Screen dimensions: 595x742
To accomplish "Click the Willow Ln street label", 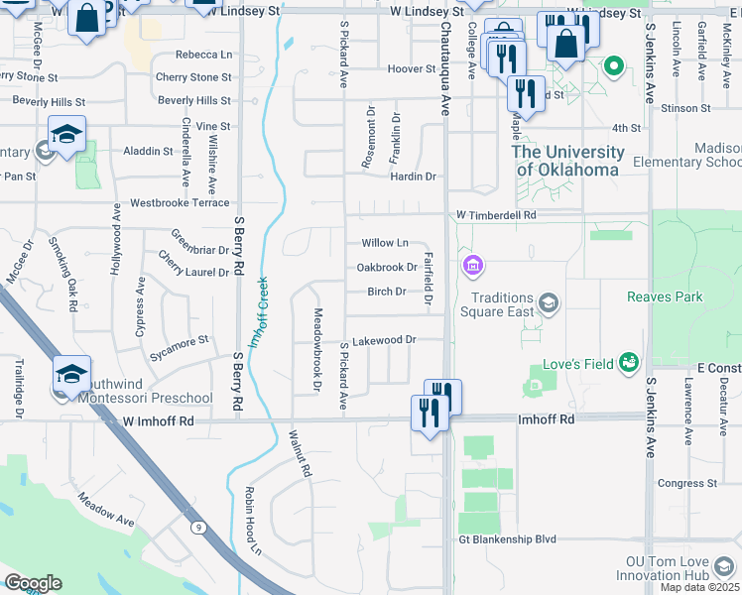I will pyautogui.click(x=385, y=243).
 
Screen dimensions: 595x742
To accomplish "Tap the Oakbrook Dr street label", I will pyautogui.click(x=387, y=268).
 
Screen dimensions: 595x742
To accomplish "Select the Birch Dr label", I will pyautogui.click(x=387, y=292).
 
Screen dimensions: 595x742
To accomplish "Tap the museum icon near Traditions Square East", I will pyautogui.click(x=472, y=266).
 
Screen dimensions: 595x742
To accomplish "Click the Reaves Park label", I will pyautogui.click(x=665, y=297).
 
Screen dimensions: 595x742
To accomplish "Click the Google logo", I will pyautogui.click(x=33, y=583).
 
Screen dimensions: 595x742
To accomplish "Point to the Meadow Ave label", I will pyautogui.click(x=106, y=520).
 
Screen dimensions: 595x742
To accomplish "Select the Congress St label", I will pyautogui.click(x=680, y=484).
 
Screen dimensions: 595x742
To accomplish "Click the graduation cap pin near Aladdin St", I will pyautogui.click(x=66, y=134).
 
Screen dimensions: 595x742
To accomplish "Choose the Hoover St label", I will pyautogui.click(x=406, y=69).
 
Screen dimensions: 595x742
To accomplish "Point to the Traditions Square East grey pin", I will pyautogui.click(x=548, y=301).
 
